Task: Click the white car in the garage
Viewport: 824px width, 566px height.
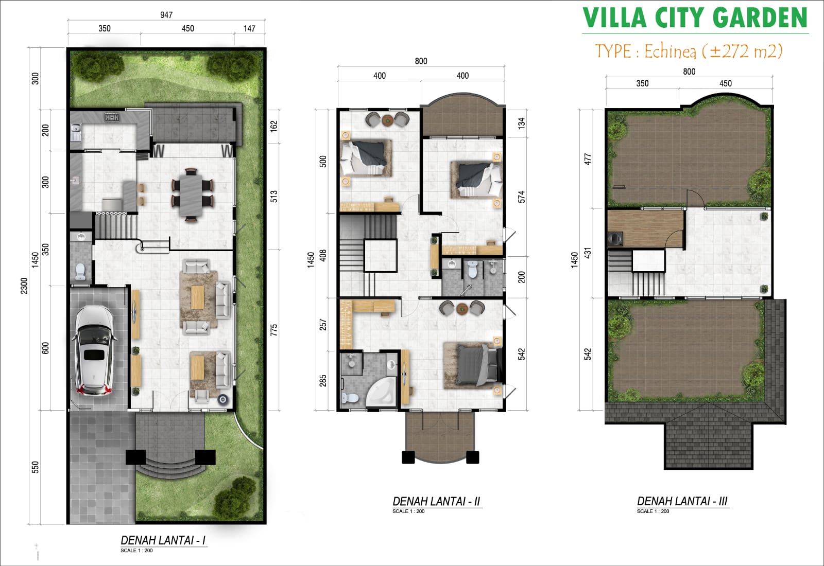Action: [x=94, y=350]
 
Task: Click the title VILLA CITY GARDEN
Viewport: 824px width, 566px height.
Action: [x=695, y=19]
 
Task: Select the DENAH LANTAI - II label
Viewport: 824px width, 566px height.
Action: [x=436, y=501]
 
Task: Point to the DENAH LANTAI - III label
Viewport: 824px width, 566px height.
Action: [x=682, y=501]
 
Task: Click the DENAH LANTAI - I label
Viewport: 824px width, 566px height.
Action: [x=163, y=540]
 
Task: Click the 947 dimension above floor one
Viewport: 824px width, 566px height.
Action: [x=166, y=15]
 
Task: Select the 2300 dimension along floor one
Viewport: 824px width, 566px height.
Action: [x=24, y=286]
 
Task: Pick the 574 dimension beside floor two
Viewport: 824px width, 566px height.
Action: [x=522, y=197]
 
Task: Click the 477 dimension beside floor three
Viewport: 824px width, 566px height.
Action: [x=588, y=159]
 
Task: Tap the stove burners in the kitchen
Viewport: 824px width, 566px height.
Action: [x=112, y=117]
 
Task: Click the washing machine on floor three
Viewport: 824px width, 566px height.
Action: [x=615, y=238]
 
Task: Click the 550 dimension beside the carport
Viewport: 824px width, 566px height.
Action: [x=35, y=467]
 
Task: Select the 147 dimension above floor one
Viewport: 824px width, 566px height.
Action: [x=249, y=29]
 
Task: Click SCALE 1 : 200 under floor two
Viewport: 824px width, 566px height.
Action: [x=408, y=511]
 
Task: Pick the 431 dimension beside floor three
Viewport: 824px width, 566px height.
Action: [x=588, y=253]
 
